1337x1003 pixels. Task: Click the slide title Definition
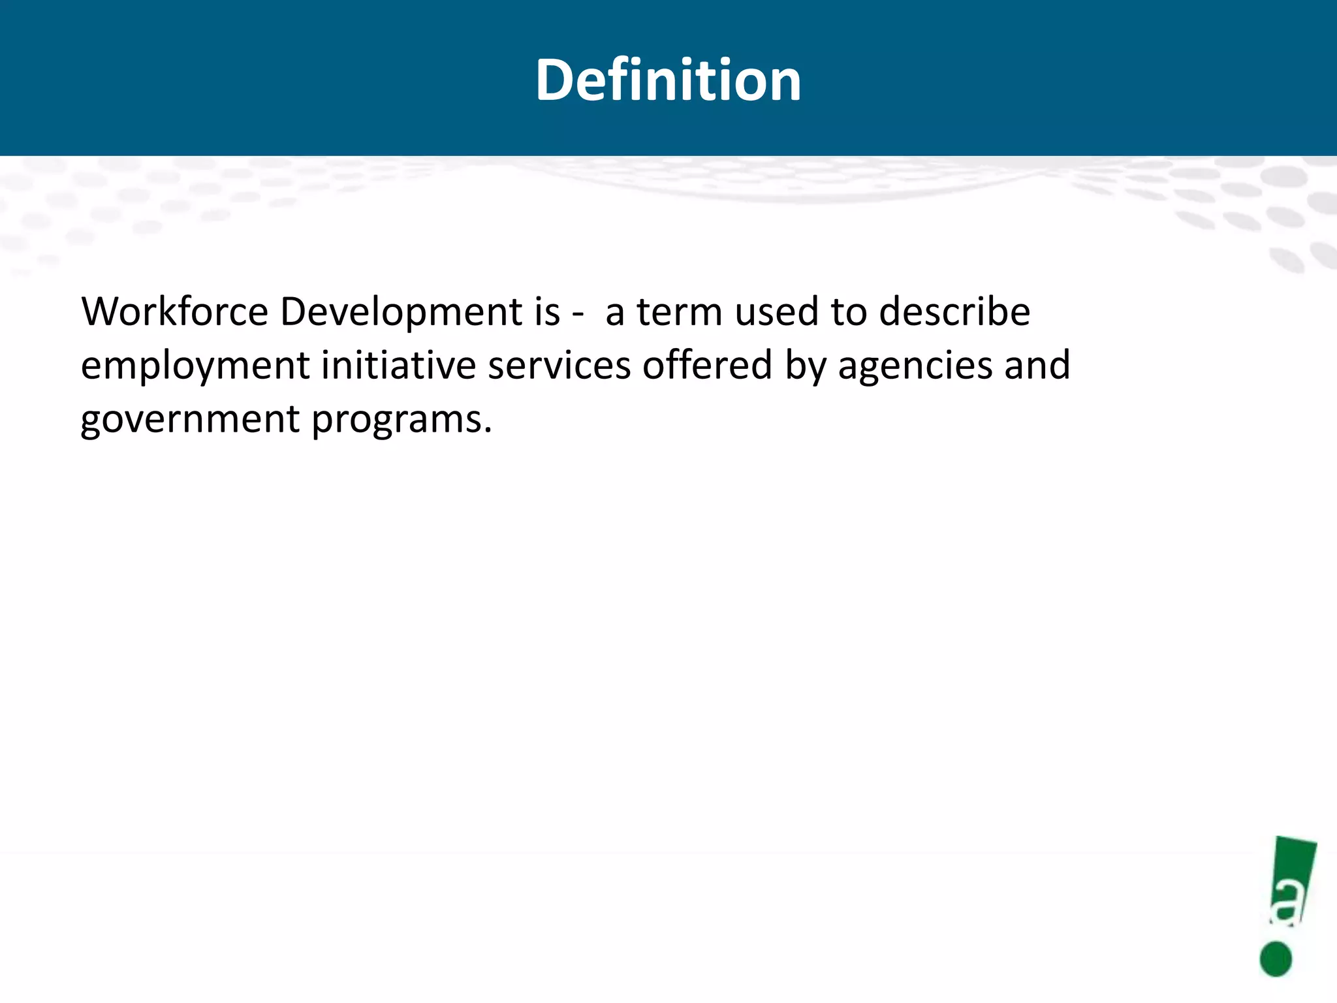668,80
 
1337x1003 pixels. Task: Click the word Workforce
174,311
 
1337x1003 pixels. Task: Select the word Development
401,313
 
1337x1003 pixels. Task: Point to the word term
680,311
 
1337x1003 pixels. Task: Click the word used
777,311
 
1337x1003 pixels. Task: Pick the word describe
954,311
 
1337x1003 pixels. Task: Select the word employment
195,366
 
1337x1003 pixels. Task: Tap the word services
559,365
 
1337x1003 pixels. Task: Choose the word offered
708,365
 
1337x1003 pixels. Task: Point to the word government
190,420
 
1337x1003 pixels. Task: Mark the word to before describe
849,311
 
